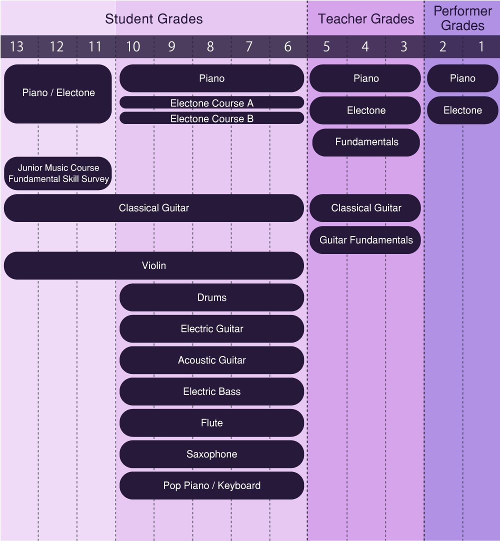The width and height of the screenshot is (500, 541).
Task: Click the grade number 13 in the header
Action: point(16,46)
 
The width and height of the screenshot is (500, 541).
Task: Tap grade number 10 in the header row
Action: point(133,46)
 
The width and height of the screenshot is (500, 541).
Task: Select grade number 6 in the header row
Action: point(288,46)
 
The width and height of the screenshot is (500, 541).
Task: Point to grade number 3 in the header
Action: point(403,46)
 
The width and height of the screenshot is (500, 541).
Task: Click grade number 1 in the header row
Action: point(481,46)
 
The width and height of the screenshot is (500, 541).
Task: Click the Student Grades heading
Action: point(154,19)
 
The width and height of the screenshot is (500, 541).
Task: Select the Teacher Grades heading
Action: point(366,19)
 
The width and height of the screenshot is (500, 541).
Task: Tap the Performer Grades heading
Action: point(462,18)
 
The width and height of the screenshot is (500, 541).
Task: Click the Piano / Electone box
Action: point(58,93)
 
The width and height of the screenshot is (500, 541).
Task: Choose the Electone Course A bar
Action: point(212,103)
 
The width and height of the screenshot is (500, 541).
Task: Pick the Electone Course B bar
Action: point(212,118)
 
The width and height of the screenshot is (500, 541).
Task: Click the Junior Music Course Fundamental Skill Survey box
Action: point(58,173)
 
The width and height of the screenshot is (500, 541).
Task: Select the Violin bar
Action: point(154,265)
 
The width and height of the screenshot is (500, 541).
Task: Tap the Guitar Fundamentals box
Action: point(365,240)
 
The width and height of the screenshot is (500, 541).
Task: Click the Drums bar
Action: point(212,297)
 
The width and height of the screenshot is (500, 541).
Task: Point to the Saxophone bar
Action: point(212,454)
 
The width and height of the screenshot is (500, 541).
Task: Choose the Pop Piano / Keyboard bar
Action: point(212,485)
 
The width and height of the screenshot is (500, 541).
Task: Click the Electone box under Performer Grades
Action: point(462,110)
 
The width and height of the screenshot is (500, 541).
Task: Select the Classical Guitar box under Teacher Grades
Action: point(365,207)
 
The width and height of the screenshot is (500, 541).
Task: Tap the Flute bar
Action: point(212,422)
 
